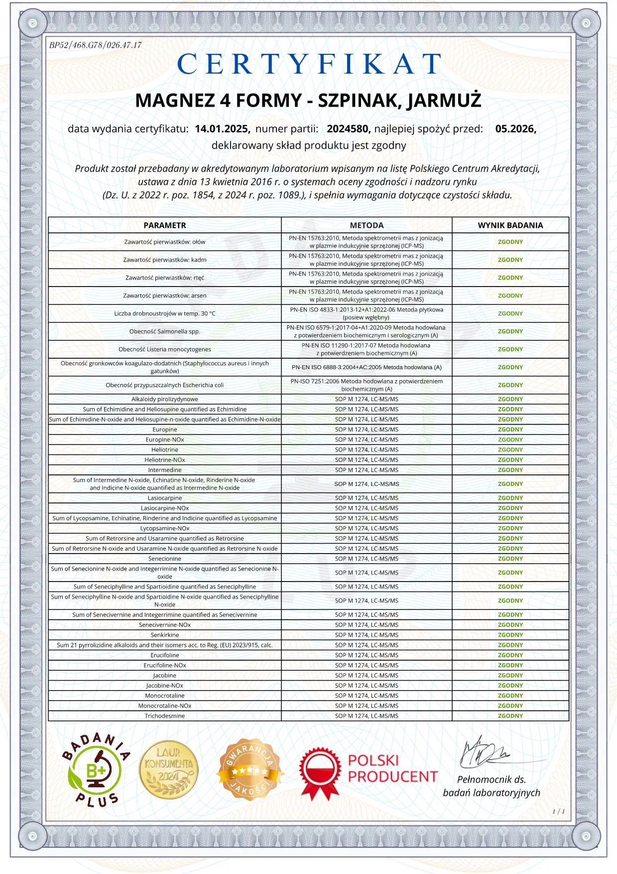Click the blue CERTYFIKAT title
click(x=309, y=64)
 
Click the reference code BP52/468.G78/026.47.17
click(x=96, y=45)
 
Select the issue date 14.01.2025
click(x=222, y=129)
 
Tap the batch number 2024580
click(x=348, y=129)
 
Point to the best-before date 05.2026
click(x=515, y=129)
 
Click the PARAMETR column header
click(x=165, y=225)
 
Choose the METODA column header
click(x=367, y=225)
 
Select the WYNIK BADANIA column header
click(x=510, y=225)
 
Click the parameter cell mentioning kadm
click(x=165, y=260)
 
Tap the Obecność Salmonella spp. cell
click(x=165, y=331)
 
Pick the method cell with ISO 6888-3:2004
click(x=367, y=367)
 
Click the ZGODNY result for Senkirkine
click(x=510, y=635)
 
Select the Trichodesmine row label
click(x=165, y=716)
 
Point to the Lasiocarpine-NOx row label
click(x=165, y=508)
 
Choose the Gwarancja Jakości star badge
click(x=250, y=769)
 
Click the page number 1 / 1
click(x=559, y=812)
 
